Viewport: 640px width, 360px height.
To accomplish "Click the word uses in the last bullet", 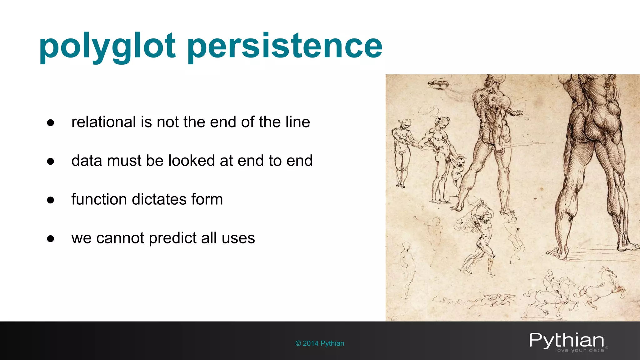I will [x=238, y=238].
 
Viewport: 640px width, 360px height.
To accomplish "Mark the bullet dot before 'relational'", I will [x=51, y=123].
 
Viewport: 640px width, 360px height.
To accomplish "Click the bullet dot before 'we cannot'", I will [x=51, y=239].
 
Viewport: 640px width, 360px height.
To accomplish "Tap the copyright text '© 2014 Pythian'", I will [x=320, y=343].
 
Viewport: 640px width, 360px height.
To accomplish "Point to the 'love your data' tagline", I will [x=579, y=351].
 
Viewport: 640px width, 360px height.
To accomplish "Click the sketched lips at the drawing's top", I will [x=438, y=84].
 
